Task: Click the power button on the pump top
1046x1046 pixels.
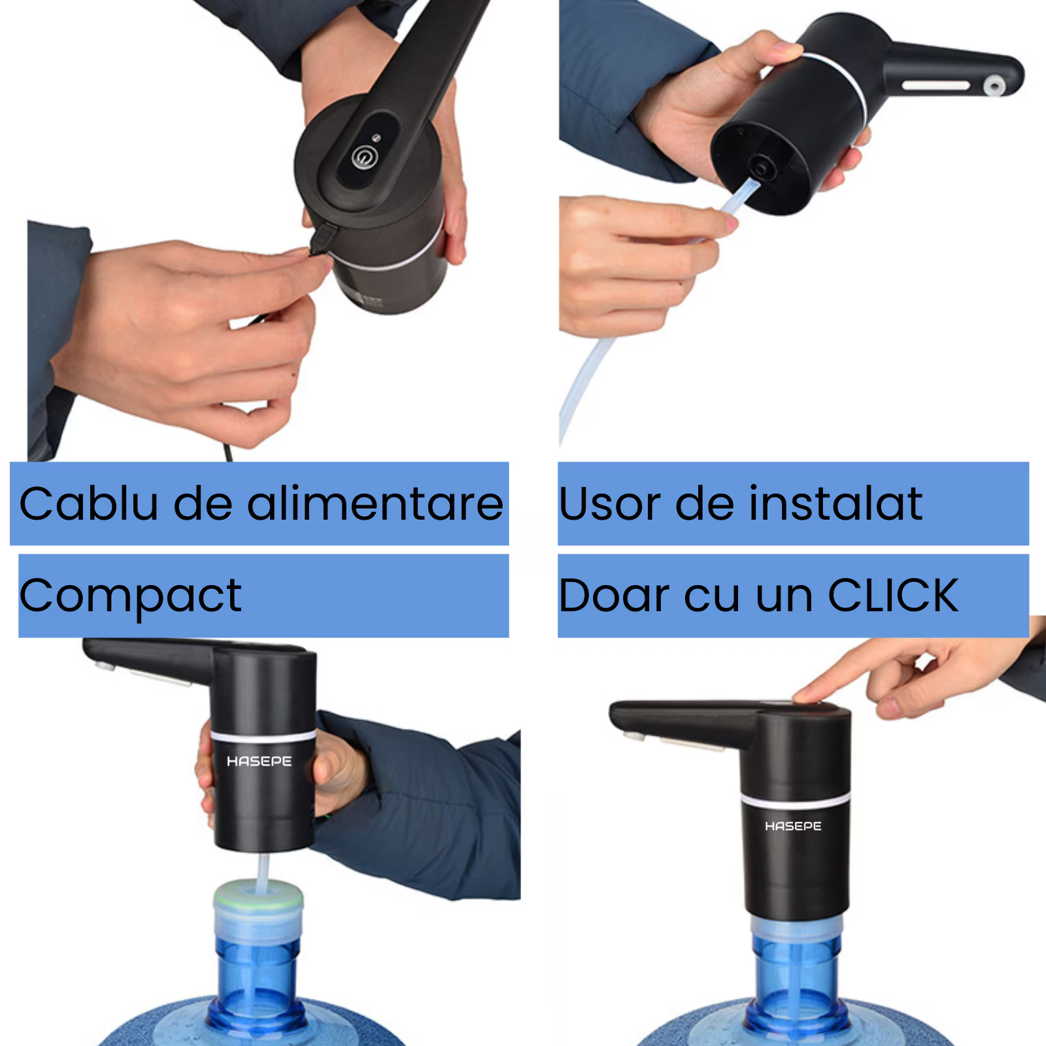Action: click(363, 158)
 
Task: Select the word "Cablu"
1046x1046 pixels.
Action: click(89, 503)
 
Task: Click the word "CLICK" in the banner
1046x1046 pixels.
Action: click(892, 596)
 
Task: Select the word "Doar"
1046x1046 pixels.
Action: click(615, 596)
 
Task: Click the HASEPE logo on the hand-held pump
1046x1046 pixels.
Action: click(259, 762)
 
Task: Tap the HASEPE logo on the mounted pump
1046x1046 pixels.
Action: click(793, 826)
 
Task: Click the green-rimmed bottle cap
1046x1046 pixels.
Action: click(258, 894)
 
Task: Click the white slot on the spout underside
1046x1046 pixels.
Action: click(936, 86)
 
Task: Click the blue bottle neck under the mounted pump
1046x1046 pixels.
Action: click(796, 974)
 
